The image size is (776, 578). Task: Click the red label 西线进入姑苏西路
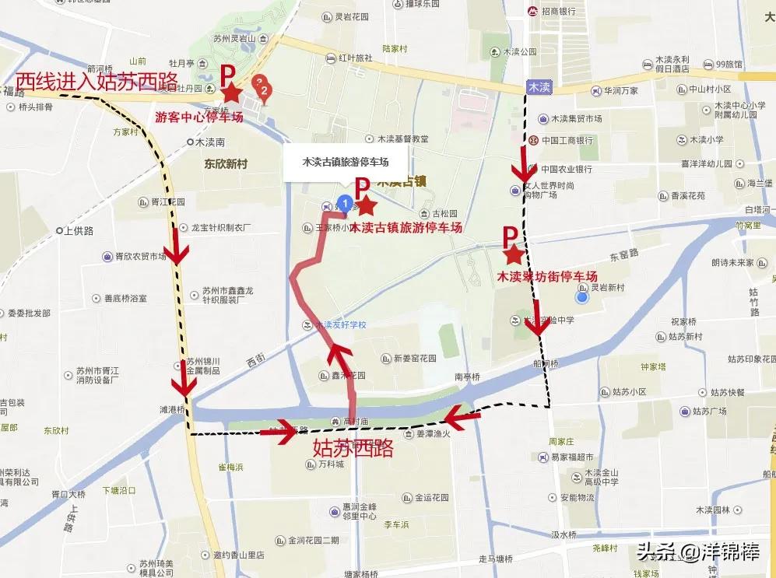97,80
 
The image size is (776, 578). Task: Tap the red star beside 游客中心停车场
231,94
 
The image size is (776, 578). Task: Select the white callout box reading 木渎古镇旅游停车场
345,162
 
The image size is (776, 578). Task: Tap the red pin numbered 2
265,94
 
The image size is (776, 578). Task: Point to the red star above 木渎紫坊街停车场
512,254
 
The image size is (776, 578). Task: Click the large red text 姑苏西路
353,448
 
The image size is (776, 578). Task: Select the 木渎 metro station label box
539,86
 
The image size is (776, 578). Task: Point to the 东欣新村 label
226,164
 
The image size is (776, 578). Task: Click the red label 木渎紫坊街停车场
547,277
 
